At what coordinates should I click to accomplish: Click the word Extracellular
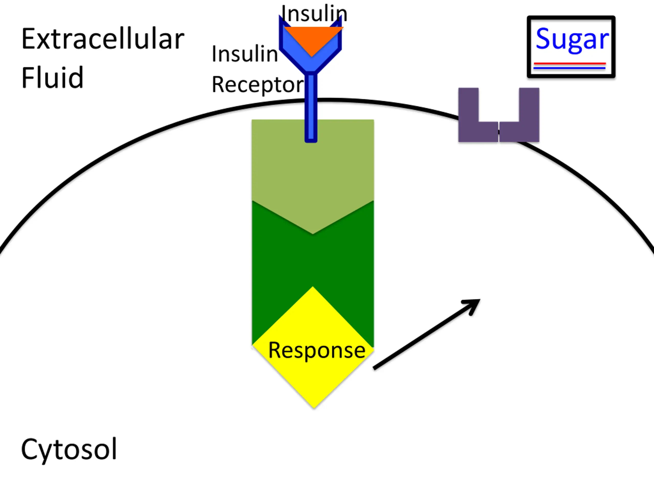click(103, 39)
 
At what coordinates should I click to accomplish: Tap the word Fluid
click(52, 77)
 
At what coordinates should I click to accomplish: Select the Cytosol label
click(69, 449)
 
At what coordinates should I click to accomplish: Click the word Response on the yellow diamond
click(317, 350)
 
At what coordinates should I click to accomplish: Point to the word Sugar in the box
click(572, 39)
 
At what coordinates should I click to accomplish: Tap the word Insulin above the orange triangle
click(314, 14)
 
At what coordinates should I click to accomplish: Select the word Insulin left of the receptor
click(245, 54)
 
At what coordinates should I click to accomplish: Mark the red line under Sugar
click(570, 63)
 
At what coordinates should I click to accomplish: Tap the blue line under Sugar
click(570, 68)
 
